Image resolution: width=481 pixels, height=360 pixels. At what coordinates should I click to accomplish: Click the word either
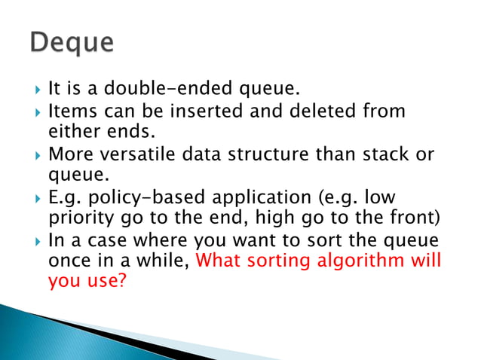71,133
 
